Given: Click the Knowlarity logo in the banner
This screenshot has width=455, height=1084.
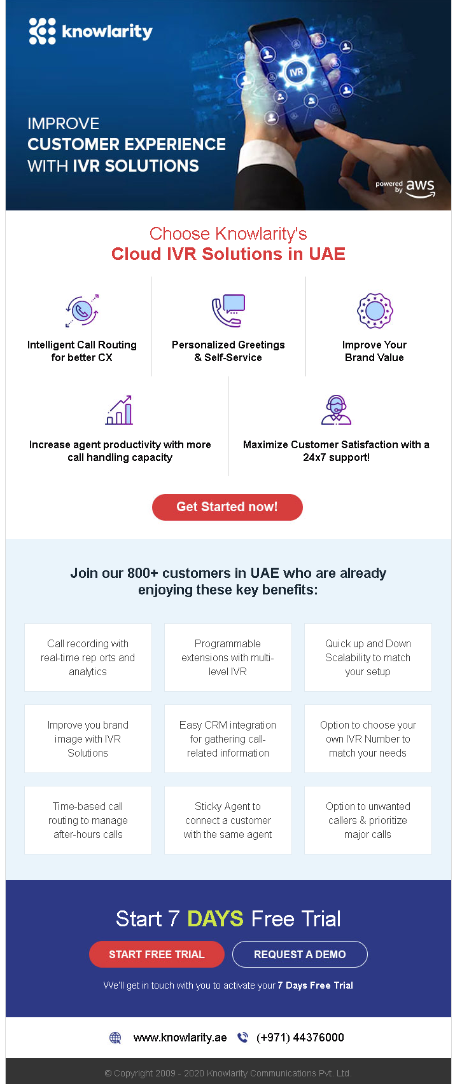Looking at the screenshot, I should (x=90, y=31).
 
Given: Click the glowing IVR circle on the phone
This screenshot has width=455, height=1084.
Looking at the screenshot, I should (x=296, y=72).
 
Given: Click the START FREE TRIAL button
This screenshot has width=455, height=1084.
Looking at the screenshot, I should (x=157, y=954).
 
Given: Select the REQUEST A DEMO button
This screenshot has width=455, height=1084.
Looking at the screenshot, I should (x=300, y=954).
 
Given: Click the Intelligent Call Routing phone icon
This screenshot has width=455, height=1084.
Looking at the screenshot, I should (x=82, y=310).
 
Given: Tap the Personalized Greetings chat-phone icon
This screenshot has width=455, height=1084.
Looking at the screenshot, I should (x=228, y=310).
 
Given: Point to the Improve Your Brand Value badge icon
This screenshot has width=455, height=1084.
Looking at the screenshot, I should (x=375, y=310).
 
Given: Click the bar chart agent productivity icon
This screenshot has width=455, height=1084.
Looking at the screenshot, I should (x=120, y=410).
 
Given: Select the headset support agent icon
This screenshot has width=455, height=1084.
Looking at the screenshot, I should (x=336, y=410).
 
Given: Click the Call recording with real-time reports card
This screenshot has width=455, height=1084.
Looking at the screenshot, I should (x=88, y=657).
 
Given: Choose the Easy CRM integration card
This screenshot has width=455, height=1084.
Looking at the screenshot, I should (x=228, y=739).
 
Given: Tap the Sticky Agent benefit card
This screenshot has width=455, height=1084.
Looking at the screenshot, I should (x=228, y=820).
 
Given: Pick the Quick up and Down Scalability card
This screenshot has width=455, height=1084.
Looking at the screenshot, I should (x=368, y=657).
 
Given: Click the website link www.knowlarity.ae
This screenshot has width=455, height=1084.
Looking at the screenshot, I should (x=180, y=1038).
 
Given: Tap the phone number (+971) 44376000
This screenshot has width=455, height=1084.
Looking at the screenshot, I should (x=300, y=1038).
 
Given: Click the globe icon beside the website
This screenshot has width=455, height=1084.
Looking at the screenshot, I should (x=115, y=1038).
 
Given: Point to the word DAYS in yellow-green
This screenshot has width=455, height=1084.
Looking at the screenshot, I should (x=215, y=919).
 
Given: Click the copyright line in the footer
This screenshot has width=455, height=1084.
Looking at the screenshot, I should (x=228, y=1073).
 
